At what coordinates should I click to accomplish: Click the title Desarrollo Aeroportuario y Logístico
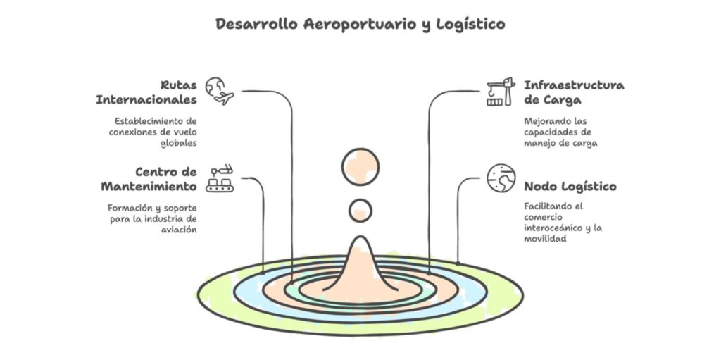coord(360,25)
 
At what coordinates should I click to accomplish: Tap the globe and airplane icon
coord(220,91)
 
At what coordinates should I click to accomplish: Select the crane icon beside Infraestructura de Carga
coord(501,92)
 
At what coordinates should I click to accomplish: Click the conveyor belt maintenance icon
coord(220,178)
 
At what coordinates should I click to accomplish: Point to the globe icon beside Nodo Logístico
coord(501,178)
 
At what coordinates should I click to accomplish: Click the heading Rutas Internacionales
coord(146,92)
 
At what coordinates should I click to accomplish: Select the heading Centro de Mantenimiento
coord(149,179)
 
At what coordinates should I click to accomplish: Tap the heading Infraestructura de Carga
coord(574,92)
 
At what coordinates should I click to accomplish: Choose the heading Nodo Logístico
coord(570,187)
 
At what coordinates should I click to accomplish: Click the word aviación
coord(179,229)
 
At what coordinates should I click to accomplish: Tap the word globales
coord(179,143)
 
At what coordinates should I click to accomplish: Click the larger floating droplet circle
coord(360,167)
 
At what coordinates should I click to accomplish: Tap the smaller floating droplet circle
coord(360,211)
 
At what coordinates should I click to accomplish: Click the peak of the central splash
coord(360,237)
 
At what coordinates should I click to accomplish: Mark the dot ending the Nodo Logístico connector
coord(458,263)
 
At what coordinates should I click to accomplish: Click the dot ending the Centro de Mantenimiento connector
coord(263,273)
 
